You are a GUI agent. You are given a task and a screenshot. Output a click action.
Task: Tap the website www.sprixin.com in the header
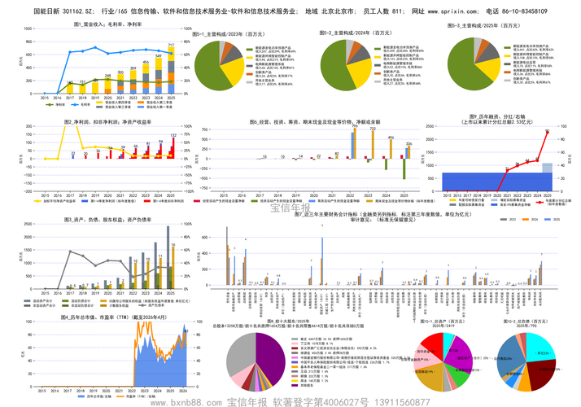[443, 13]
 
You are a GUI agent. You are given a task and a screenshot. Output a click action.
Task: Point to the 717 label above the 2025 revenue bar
[171, 46]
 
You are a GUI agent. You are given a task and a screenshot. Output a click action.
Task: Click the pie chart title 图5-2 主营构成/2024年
[362, 25]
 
